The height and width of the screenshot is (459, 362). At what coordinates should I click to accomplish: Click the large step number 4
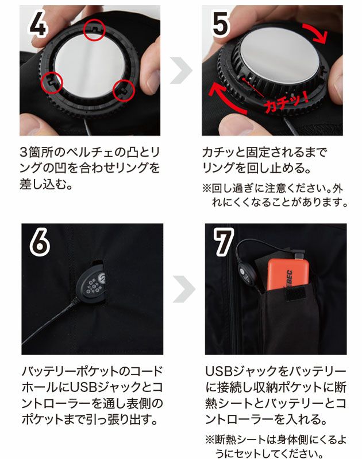[x=37, y=24]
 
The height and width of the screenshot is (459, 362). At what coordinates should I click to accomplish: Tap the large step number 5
[x=220, y=24]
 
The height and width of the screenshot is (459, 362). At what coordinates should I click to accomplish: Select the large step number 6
[x=40, y=242]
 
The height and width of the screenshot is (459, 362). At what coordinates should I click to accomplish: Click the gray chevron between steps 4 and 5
[x=181, y=71]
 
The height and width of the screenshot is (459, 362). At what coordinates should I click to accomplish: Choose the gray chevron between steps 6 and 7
[x=184, y=289]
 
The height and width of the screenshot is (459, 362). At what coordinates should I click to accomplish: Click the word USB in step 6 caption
[x=83, y=387]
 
